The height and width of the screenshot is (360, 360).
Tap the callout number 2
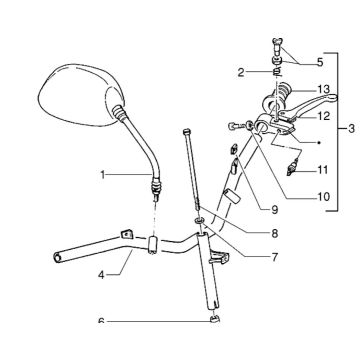tap(241, 72)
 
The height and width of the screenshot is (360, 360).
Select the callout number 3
tap(350, 129)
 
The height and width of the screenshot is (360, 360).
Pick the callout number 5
tap(319, 62)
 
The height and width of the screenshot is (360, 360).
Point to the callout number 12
tap(323, 116)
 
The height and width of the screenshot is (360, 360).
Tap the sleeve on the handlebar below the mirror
tap(153, 243)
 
